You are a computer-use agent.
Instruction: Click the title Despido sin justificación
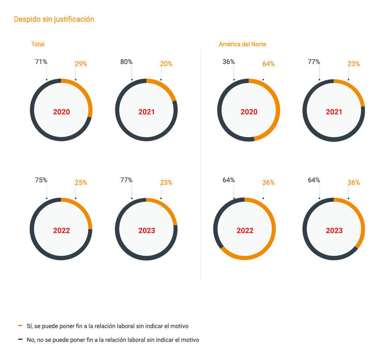coord(54,19)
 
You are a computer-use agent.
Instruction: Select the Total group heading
coord(38,44)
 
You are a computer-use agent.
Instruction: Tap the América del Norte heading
coord(242,44)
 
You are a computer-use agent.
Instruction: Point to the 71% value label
coord(41,62)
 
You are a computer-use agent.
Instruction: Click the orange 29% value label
coord(81,64)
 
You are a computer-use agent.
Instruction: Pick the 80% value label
coord(126,62)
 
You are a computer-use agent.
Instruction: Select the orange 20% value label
coord(166,64)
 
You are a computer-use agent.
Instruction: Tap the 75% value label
coord(41,180)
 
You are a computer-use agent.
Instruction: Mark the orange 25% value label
coord(81,183)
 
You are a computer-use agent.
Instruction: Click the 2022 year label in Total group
coord(61,231)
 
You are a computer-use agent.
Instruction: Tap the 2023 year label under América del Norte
coord(334,231)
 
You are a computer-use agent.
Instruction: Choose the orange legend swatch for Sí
coord(20,326)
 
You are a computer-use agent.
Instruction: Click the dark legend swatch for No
coord(20,340)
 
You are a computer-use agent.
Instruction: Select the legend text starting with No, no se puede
coord(113,340)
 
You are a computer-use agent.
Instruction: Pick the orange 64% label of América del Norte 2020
coord(269,64)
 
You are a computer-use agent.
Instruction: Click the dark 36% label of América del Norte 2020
coord(229,62)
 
